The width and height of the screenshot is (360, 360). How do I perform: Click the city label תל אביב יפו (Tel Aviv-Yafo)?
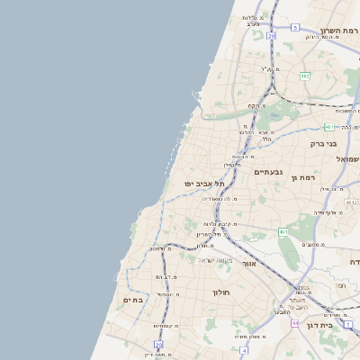[x=204, y=184]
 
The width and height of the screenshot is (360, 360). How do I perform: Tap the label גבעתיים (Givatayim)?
[x=269, y=172]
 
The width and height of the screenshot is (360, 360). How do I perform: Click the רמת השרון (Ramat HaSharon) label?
[x=339, y=31]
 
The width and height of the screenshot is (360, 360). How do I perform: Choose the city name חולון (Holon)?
[x=222, y=292]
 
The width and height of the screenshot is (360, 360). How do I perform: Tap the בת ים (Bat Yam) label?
[x=133, y=300]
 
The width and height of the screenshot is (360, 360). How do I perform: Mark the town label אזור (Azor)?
[x=249, y=264]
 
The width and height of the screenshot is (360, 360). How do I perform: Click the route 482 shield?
[x=305, y=76]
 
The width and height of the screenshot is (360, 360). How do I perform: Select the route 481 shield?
[x=329, y=128]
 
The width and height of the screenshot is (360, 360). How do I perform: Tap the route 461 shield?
[x=283, y=232]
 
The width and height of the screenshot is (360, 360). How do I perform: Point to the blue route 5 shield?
[x=294, y=27]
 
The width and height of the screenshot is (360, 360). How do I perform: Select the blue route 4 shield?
[x=243, y=350]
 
